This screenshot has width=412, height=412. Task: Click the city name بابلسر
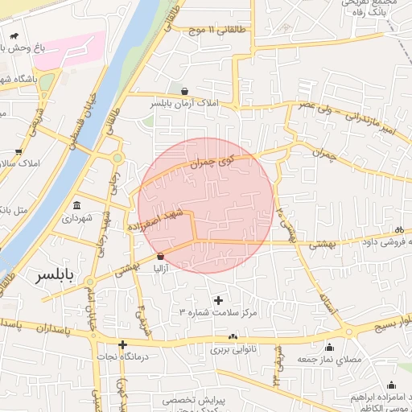tap(66, 276)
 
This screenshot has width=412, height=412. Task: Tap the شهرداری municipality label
tap(77, 218)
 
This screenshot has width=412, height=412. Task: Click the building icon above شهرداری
tap(76, 204)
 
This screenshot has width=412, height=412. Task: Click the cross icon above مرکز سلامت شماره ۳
tap(218, 300)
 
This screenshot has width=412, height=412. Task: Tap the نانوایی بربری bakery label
tap(233, 350)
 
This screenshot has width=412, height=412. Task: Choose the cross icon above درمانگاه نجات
tap(122, 345)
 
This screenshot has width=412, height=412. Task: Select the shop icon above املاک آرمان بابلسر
tap(186, 92)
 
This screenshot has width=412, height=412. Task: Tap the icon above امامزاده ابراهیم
tap(391, 385)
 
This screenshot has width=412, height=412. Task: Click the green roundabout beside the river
tap(117, 159)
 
